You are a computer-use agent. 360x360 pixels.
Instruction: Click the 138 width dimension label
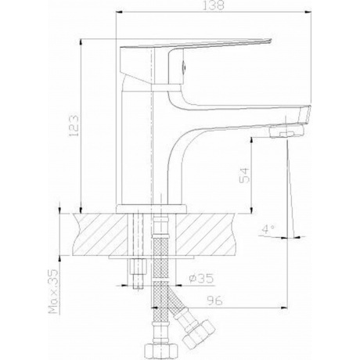[214, 5]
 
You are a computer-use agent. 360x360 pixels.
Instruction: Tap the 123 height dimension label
[74, 125]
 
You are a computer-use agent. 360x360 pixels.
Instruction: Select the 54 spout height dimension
[244, 175]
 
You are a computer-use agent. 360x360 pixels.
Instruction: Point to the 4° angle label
[268, 229]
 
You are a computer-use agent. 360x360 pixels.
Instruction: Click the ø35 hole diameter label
[201, 279]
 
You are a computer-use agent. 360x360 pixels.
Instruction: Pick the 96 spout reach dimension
[214, 301]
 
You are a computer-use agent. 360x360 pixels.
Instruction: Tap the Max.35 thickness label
[53, 292]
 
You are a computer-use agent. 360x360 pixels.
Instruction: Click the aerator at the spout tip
[286, 131]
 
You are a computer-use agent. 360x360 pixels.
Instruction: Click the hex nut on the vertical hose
[161, 351]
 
